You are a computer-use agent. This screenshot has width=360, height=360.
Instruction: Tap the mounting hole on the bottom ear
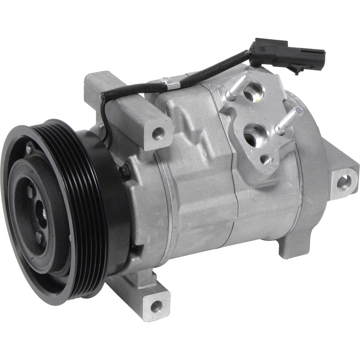click(x=156, y=306)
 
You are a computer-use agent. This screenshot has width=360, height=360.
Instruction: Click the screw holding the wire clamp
click(x=164, y=79)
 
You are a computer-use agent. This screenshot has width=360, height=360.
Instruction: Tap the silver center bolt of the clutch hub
click(x=45, y=214)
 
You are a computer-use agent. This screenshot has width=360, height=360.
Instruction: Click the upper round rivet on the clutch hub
click(x=30, y=191)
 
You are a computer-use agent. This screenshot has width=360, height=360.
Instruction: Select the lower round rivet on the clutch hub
click(x=39, y=237)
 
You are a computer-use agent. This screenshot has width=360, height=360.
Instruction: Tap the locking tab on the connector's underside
click(x=296, y=70)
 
